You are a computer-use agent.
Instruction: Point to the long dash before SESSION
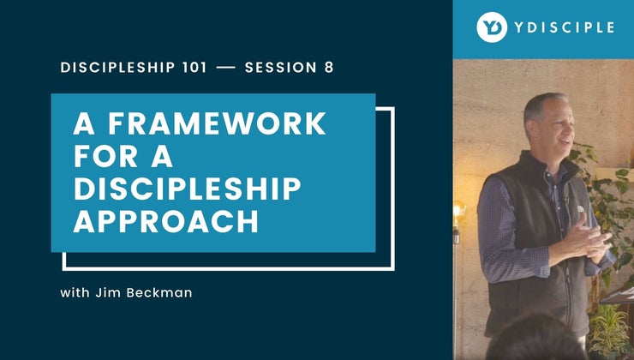[x=226, y=68]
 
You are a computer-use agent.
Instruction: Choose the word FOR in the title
[x=104, y=157]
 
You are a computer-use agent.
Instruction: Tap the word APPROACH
[x=164, y=222]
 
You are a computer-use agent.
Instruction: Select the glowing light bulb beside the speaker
[x=459, y=209]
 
